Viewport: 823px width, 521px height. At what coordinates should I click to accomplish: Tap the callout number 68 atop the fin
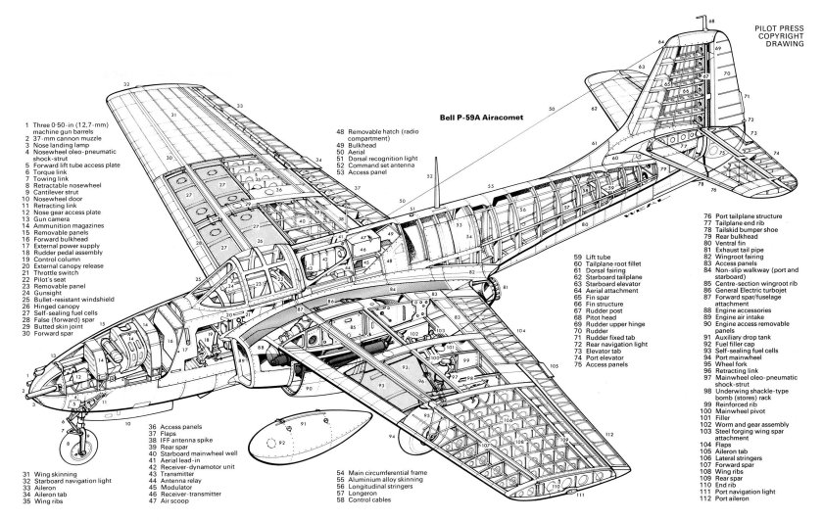click(713, 20)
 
